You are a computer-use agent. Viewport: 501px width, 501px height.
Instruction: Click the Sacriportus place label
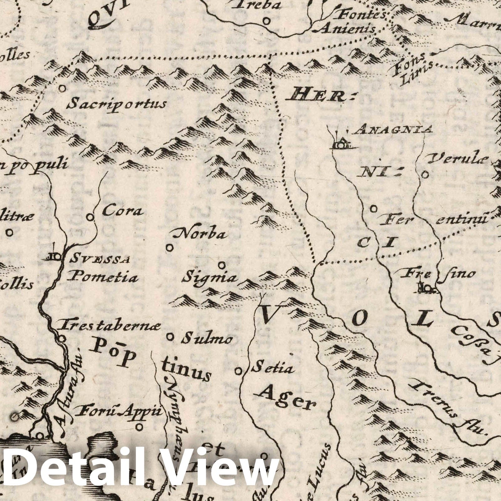[x=116, y=104]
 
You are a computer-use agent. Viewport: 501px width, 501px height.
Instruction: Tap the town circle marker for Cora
[x=90, y=217]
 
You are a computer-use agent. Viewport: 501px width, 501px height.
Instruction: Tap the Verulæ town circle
[x=425, y=174]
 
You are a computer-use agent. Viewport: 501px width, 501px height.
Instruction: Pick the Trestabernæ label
[x=110, y=326]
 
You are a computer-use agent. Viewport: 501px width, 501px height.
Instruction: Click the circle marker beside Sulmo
[x=170, y=337]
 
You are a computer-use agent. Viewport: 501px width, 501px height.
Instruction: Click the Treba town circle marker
[x=267, y=21]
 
